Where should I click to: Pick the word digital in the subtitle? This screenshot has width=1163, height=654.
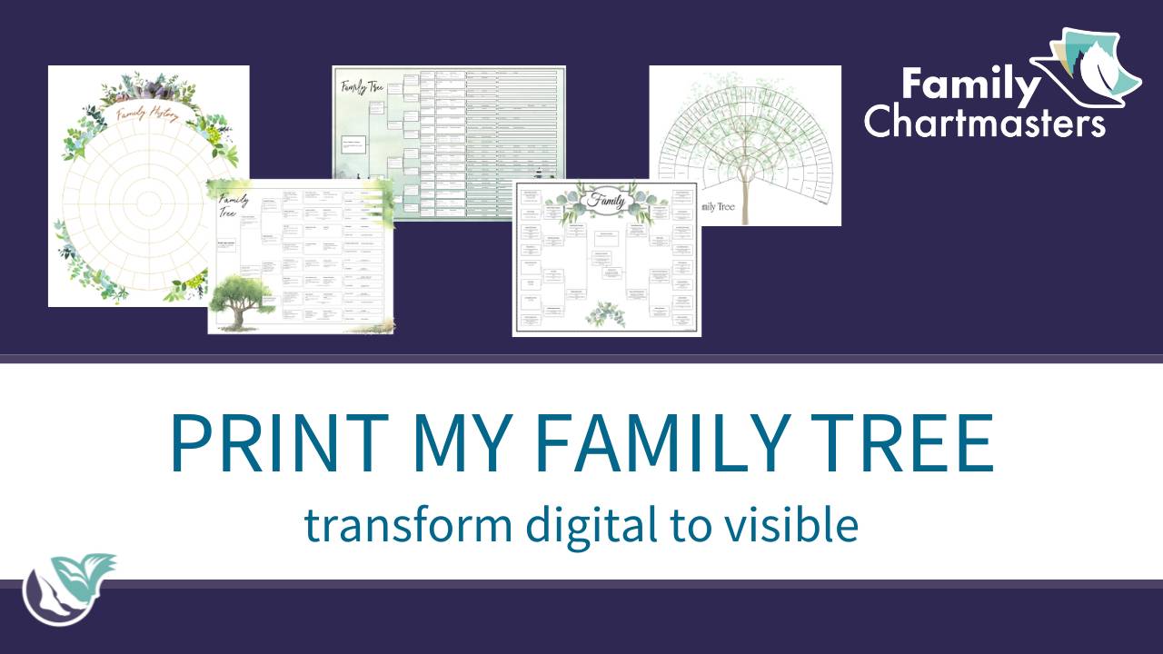(x=561, y=525)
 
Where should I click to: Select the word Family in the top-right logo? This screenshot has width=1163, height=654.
(x=970, y=86)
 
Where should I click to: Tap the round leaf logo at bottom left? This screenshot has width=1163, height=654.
(x=68, y=590)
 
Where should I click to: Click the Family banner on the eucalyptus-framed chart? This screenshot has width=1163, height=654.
(x=606, y=199)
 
